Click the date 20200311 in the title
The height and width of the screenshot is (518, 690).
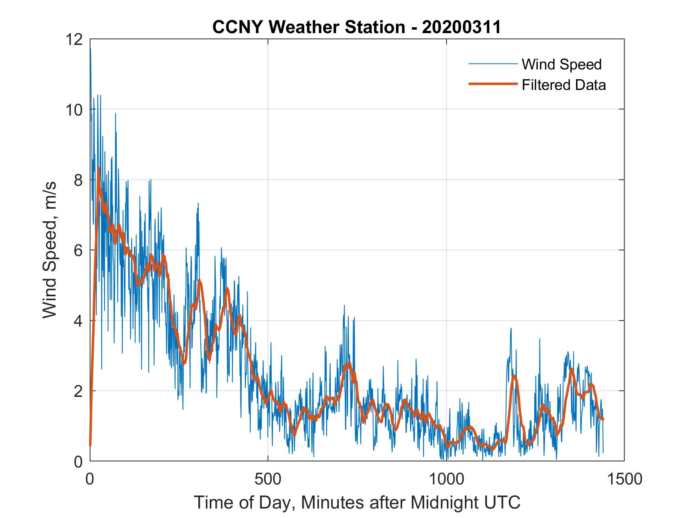[461, 27]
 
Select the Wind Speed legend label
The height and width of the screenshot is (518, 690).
[561, 64]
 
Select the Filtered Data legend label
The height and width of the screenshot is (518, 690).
[563, 85]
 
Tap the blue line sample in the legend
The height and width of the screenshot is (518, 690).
[492, 64]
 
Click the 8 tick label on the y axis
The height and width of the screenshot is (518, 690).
[78, 180]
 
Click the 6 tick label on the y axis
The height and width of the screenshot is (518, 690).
[78, 250]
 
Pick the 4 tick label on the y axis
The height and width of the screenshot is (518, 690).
[78, 321]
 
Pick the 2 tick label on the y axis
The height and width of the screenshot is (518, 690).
[78, 391]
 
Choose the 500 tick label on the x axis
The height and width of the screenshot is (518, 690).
[268, 479]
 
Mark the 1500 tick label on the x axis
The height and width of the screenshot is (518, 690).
[624, 479]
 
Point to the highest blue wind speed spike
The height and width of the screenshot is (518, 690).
[90, 49]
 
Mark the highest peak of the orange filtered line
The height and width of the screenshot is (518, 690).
[98, 168]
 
